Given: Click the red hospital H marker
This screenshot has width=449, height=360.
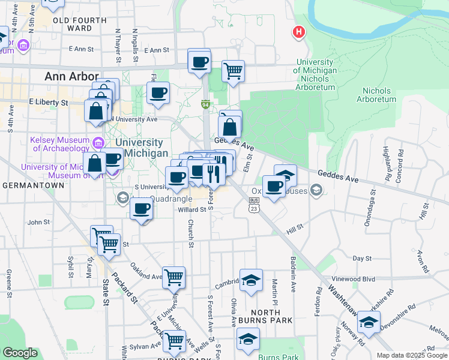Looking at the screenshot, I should click(x=298, y=32).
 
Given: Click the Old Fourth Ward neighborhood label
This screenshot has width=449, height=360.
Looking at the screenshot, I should click(x=80, y=24).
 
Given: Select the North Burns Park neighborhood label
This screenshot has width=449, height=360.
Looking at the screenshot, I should click(x=265, y=316).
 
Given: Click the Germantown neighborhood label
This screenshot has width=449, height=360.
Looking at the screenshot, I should click(x=33, y=186).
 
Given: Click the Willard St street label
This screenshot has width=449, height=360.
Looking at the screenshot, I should click(x=192, y=210).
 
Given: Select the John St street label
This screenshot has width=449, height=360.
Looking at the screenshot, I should click(x=38, y=222).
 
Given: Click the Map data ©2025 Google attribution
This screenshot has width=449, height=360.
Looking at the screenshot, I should click(x=411, y=355).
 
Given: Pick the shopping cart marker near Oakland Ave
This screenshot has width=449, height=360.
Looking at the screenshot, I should click(x=173, y=277).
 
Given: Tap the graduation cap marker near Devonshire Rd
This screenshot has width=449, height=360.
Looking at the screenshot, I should click(x=369, y=322).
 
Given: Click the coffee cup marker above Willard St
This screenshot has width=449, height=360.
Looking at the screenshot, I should click(x=142, y=209).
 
